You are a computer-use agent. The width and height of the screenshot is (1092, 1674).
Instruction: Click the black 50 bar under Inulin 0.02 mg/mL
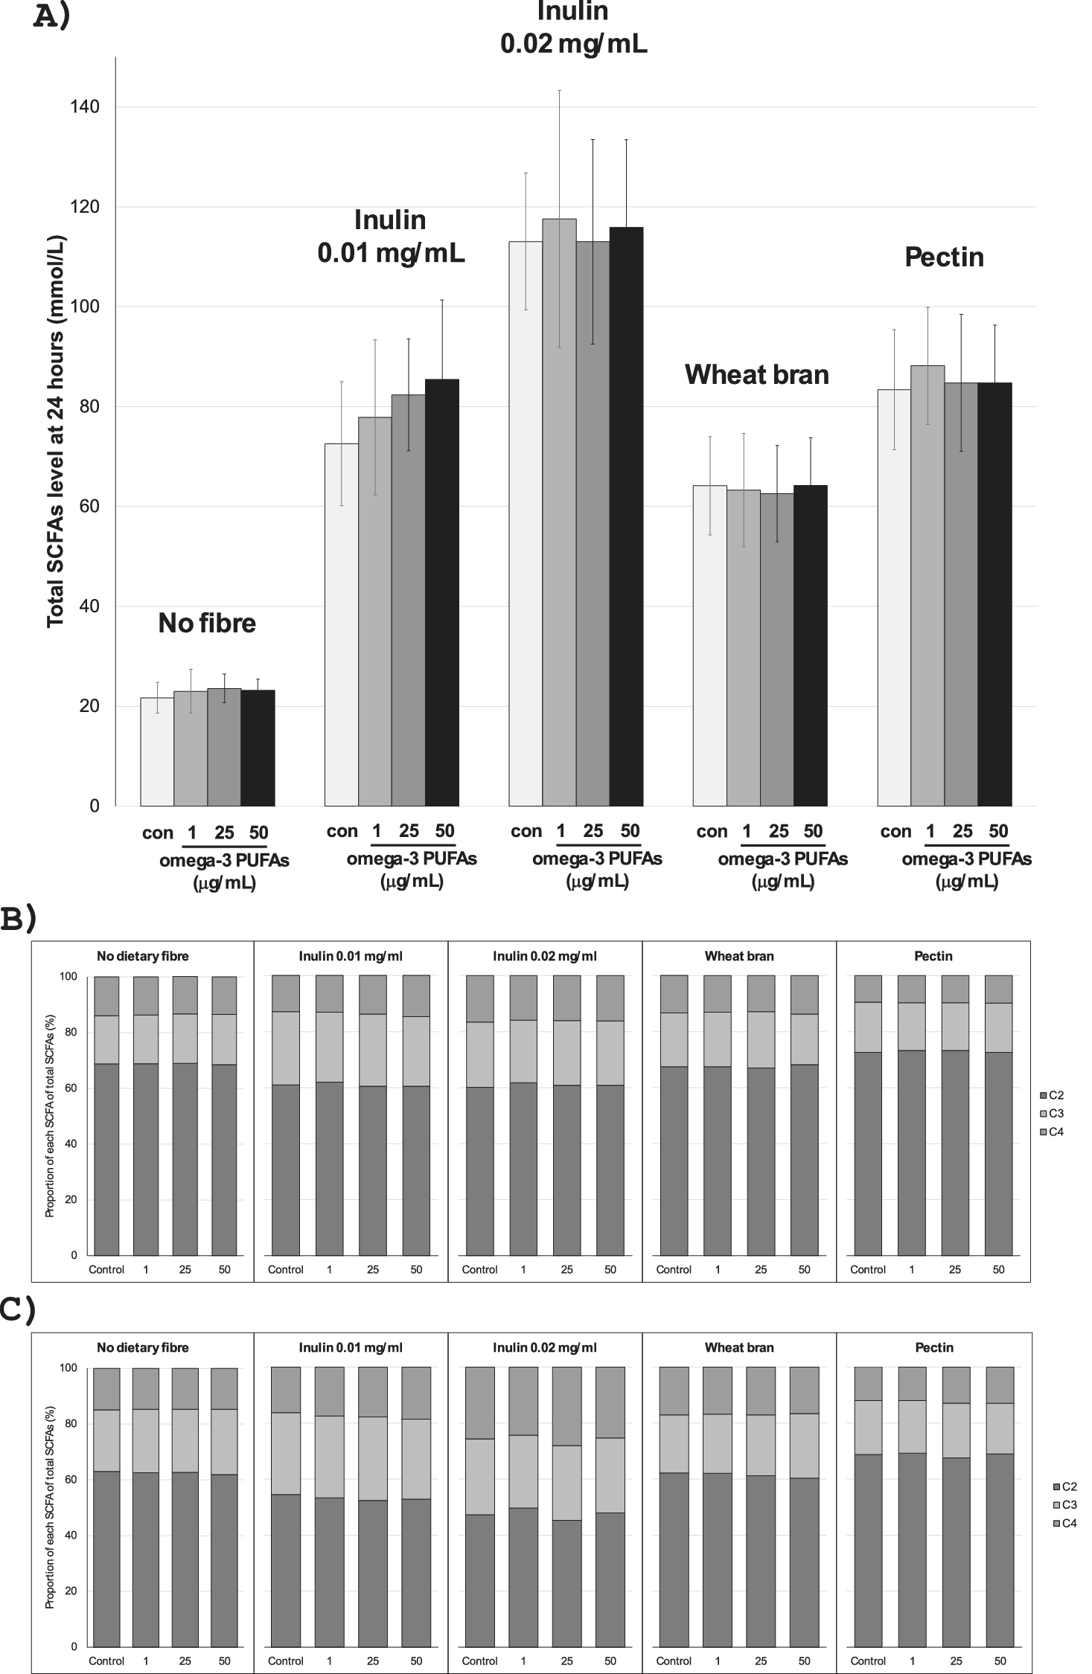coord(626,521)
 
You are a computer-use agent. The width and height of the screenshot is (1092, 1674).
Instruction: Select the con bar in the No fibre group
coord(157,751)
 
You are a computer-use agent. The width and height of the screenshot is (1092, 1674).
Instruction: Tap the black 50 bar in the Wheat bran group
coord(811,647)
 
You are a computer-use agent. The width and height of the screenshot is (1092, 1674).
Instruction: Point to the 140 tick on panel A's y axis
coord(85,107)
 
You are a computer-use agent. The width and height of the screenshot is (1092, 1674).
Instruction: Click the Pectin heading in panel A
coord(944,257)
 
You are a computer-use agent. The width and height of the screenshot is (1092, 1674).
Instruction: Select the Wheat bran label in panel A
coord(756,374)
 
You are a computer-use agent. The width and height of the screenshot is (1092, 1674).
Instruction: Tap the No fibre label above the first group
coord(207,623)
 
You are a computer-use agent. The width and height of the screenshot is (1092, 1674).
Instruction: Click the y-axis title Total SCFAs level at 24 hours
coord(56,432)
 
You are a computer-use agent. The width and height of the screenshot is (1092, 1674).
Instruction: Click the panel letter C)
coord(18,1311)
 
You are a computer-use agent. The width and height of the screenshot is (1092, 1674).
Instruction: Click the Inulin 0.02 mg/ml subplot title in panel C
coord(544,1347)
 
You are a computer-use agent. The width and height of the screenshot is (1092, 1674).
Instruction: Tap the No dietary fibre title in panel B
coord(142,956)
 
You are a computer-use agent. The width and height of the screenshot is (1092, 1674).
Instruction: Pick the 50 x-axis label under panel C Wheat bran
coord(805,1660)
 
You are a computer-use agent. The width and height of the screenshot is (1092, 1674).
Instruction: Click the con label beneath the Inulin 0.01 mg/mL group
coord(342,831)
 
